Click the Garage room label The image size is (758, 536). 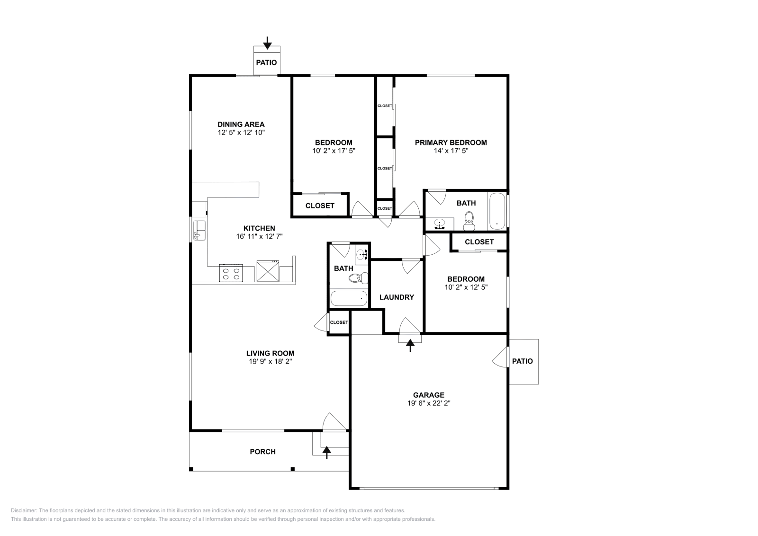[428, 395]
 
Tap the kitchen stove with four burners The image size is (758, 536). [231, 273]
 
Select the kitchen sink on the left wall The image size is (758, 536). [199, 230]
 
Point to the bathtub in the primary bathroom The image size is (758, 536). [496, 211]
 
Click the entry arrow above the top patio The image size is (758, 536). [267, 43]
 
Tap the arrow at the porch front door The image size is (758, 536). [326, 453]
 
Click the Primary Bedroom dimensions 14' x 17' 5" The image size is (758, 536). [451, 151]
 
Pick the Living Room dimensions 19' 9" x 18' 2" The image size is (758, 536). [270, 362]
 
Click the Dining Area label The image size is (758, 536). [241, 125]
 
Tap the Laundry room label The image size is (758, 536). [397, 297]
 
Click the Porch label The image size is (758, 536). [262, 452]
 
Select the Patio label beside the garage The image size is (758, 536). [523, 361]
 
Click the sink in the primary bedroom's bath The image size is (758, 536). [439, 223]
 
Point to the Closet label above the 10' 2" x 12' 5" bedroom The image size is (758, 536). [479, 242]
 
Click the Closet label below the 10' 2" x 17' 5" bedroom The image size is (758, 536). [320, 206]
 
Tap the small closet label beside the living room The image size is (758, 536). [339, 322]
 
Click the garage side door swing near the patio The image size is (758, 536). [500, 358]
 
